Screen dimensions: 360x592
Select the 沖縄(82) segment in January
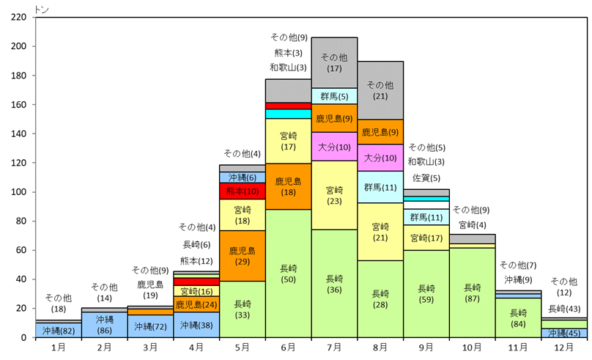click(58, 330)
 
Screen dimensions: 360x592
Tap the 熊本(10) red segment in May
click(243, 191)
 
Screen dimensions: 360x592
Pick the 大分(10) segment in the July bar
click(335, 147)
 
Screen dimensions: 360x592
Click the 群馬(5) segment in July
click(335, 95)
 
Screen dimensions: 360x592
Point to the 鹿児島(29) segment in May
click(243, 257)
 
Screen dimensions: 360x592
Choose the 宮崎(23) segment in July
click(335, 195)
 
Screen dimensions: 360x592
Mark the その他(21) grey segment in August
click(381, 90)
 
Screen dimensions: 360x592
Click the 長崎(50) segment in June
click(289, 273)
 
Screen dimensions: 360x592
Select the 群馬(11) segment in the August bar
click(381, 187)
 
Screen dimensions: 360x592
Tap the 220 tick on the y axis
click(19, 17)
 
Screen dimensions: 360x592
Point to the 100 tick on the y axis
click(19, 192)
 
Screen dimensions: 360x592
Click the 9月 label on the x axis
click(427, 347)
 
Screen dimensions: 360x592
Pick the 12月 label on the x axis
click(566, 347)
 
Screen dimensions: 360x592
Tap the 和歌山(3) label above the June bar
click(288, 67)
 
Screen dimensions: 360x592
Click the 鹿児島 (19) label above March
click(150, 290)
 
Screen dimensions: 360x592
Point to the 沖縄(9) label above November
click(518, 279)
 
